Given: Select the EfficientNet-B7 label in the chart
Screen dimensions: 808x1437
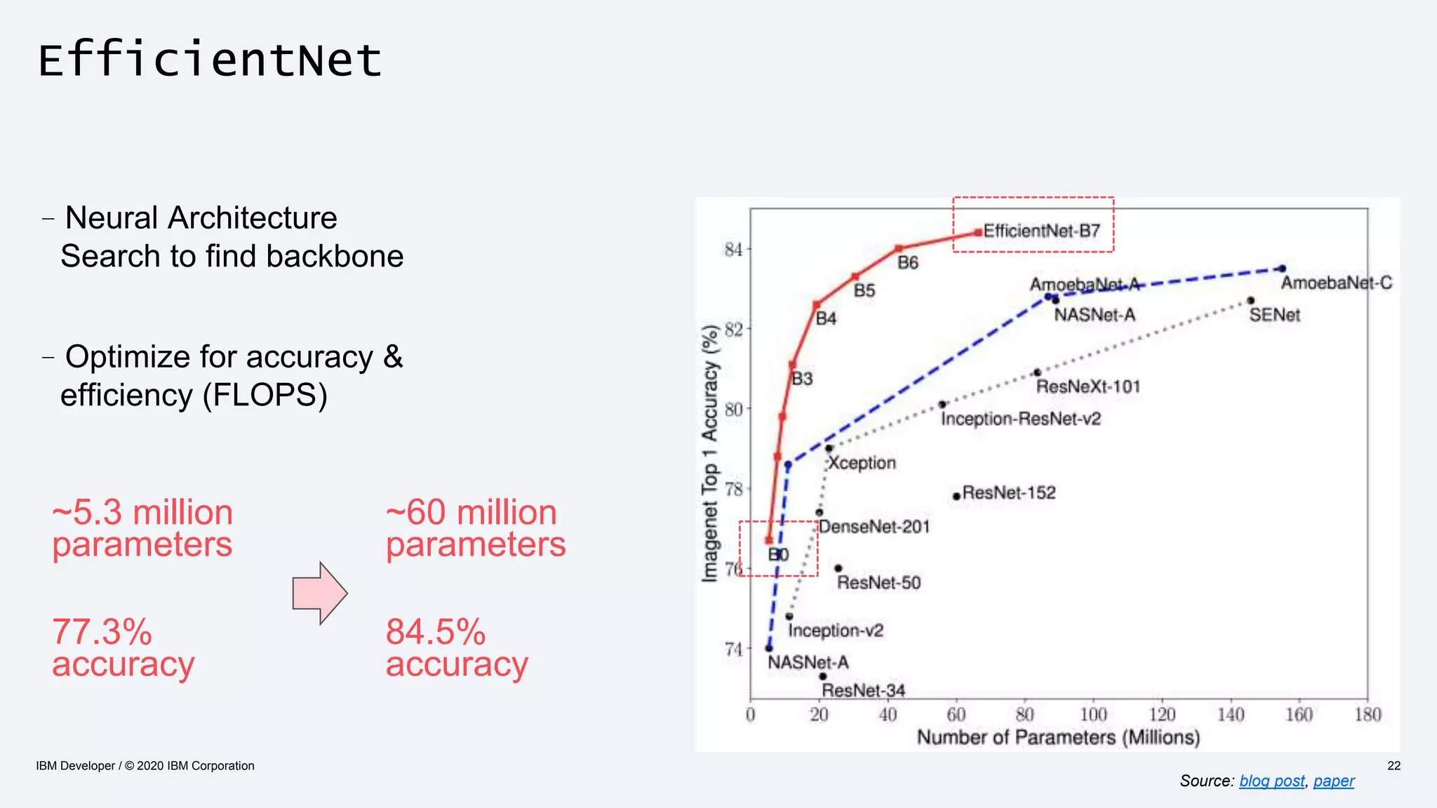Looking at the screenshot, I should (x=1041, y=231).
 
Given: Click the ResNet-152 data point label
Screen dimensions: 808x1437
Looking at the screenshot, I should (x=1008, y=493).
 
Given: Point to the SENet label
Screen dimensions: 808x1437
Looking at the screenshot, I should (x=1274, y=315).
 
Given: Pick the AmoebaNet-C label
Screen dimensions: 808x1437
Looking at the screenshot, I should (x=1336, y=283).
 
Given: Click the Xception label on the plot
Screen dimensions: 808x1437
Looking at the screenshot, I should (x=862, y=463).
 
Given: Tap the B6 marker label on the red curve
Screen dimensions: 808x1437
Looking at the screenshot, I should (x=907, y=263).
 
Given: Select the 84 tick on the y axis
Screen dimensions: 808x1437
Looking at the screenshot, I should (x=733, y=250).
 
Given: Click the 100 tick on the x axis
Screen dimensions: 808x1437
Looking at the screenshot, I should (x=1092, y=715).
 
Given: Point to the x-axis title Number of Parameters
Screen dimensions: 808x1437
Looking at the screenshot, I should (x=1058, y=737).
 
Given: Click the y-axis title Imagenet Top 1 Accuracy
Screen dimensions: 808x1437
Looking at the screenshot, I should (x=710, y=453).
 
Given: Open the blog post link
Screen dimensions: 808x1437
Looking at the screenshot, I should (x=1271, y=781).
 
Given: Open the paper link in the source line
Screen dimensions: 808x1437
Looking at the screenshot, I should (x=1333, y=781).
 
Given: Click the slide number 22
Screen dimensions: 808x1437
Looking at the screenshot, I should (x=1393, y=765).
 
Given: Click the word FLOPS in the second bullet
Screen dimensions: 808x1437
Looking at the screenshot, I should (x=265, y=395).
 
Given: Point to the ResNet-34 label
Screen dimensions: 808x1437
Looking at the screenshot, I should (x=863, y=690).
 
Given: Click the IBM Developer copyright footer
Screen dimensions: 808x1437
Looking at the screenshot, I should (x=145, y=765).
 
